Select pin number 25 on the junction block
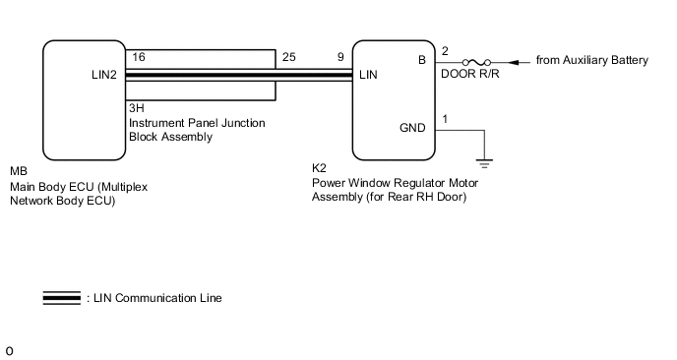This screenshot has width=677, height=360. coord(288,58)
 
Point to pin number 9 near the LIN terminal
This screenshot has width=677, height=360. coord(341,58)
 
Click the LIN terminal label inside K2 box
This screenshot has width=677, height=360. coord(369,74)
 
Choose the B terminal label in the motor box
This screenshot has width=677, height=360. coord(422,60)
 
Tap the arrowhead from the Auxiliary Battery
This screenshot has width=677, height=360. coord(516,61)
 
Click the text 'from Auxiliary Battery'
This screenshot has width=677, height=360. coord(591,61)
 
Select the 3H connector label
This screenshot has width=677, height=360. coord(136,107)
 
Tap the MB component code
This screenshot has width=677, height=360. coord(18,171)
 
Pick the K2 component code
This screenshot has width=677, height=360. coord(319,167)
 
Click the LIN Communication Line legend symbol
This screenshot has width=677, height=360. coord(62,298)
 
